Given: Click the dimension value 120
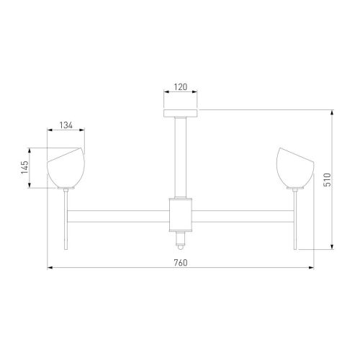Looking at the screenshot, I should click(180, 86).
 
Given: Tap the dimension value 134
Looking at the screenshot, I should click(66, 125).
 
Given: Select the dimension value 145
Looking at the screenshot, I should click(24, 168).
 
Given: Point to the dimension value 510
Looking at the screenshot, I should click(326, 180).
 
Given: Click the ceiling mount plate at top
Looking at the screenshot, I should click(180, 112).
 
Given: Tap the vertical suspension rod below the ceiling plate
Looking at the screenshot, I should click(180, 155).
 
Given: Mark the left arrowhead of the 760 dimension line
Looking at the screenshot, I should click(50, 269).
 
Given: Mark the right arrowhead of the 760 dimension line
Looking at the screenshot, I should click(310, 269).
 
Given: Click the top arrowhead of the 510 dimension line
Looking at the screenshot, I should click(333, 112).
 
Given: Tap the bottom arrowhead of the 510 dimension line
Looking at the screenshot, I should click(333, 246).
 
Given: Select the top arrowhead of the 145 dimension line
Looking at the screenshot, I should click(30, 151).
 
